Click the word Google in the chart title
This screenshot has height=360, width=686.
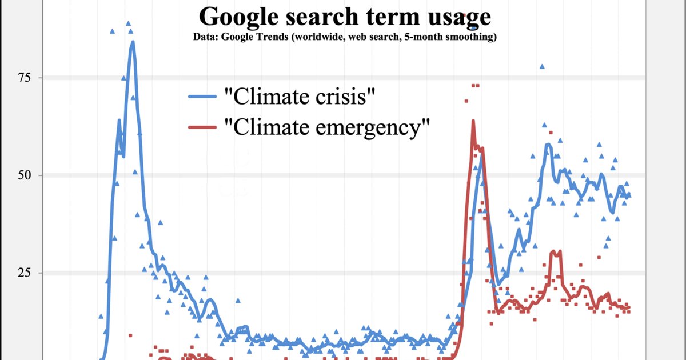point(236,17)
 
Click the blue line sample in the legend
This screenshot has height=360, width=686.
point(203,97)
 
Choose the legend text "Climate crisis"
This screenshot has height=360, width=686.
point(300,97)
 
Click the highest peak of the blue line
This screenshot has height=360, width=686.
point(133,42)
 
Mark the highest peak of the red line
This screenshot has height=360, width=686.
point(473,121)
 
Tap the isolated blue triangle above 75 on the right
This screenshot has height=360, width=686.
point(542,67)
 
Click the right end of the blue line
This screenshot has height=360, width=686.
point(629,196)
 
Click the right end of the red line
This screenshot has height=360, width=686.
point(629,307)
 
